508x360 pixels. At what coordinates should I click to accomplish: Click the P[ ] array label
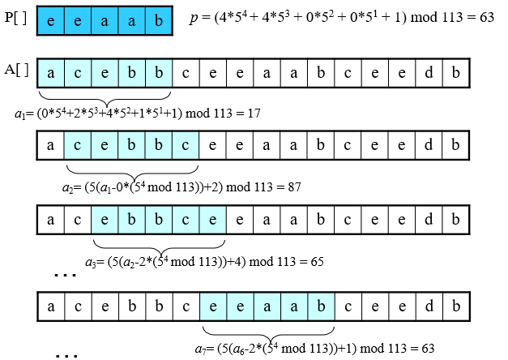(16, 17)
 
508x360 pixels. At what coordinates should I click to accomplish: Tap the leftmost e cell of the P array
(51, 18)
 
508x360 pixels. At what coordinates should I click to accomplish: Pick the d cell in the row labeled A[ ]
(429, 72)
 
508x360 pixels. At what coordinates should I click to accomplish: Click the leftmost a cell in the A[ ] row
(51, 72)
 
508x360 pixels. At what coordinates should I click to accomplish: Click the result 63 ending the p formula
(486, 18)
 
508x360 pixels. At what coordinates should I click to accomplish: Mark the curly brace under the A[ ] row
(105, 95)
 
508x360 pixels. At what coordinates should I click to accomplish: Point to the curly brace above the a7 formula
(267, 332)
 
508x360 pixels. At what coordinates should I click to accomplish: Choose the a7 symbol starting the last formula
(199, 348)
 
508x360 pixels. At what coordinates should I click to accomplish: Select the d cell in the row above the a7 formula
(429, 305)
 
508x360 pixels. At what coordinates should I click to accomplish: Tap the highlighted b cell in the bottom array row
(321, 305)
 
